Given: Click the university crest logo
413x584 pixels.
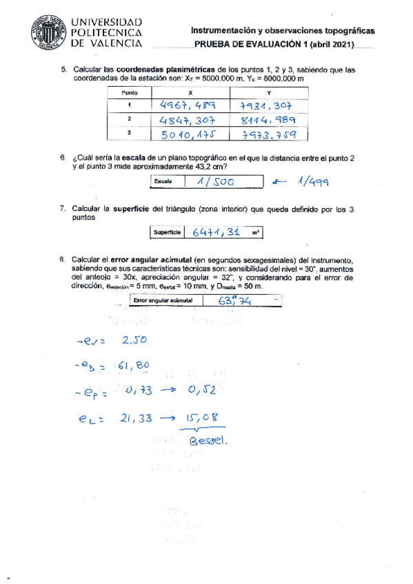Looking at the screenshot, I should pyautogui.click(x=47, y=31).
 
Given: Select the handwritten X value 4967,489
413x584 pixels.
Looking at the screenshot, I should pyautogui.click(x=188, y=105).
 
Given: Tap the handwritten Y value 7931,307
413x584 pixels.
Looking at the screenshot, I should pyautogui.click(x=266, y=106).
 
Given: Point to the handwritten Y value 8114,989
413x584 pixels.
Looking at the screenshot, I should pyautogui.click(x=268, y=120).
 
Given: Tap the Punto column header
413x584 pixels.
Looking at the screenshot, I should pyautogui.click(x=130, y=92).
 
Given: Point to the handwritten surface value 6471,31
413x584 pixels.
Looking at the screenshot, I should pyautogui.click(x=216, y=233).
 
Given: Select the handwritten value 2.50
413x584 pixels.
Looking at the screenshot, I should pyautogui.click(x=132, y=340).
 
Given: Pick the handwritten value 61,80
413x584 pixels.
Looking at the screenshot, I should pyautogui.click(x=134, y=365).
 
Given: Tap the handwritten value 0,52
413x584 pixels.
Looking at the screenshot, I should pyautogui.click(x=202, y=391).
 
